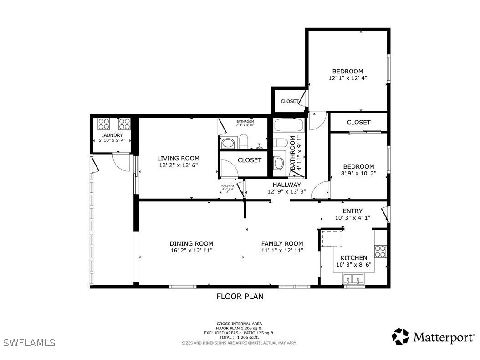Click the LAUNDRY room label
(112, 135)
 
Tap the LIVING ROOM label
(178, 159)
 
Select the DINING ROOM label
(191, 244)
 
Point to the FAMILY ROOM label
(282, 244)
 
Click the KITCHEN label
(353, 258)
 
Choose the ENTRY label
(352, 211)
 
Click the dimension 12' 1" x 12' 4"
(347, 78)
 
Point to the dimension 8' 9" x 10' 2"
(358, 173)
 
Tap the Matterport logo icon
(400, 336)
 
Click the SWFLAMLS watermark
(28, 342)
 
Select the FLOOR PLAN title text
(240, 296)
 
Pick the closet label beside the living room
(250, 160)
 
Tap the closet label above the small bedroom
(358, 123)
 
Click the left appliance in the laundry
(104, 124)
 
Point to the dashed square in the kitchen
(332, 238)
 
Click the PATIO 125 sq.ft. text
(258, 333)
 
